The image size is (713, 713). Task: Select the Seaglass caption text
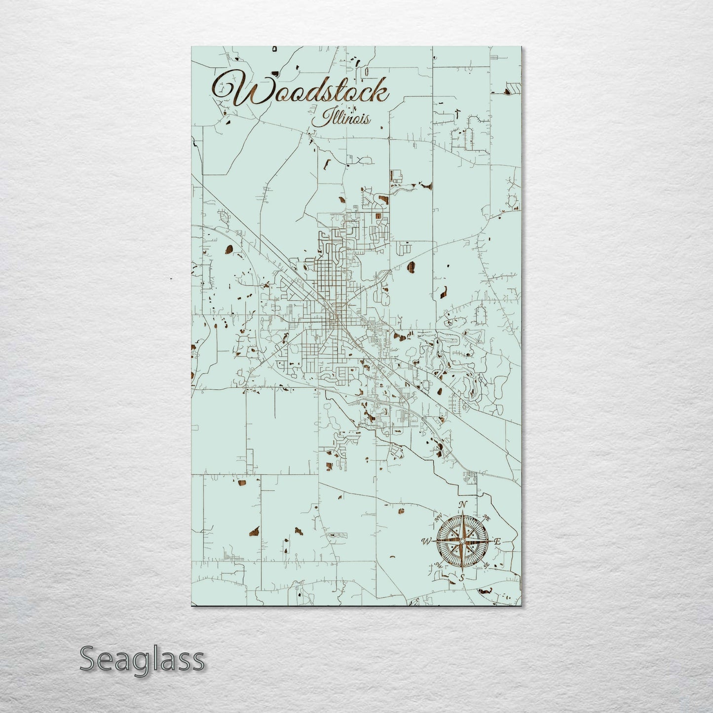click(142, 659)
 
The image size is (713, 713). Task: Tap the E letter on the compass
click(497, 542)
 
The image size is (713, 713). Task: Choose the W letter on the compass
click(426, 542)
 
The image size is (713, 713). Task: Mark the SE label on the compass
click(487, 565)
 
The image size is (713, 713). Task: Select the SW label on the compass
click(438, 565)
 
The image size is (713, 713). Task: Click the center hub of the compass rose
click(462, 542)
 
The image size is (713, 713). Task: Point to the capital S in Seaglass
click(88, 659)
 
